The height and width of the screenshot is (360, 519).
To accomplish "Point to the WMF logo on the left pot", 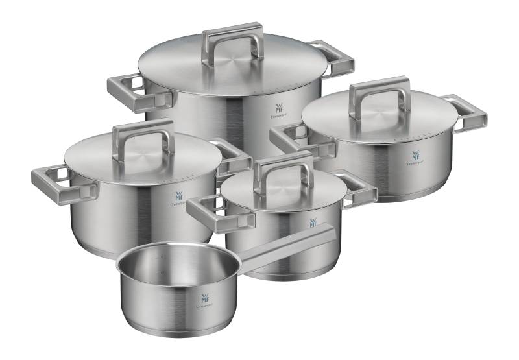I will point(180,195).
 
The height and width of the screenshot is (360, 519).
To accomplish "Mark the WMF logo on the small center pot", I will point(313,222).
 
